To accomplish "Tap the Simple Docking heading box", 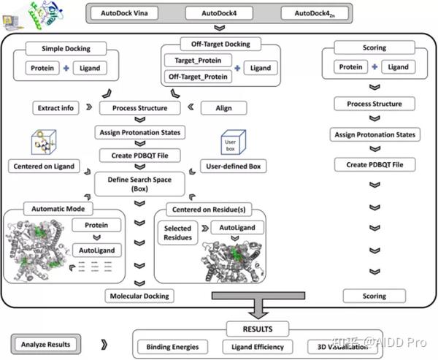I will click(x=65, y=49).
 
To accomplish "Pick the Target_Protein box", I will click(x=196, y=60).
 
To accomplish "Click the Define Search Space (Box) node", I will click(x=139, y=183).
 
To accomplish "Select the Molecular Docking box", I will click(x=139, y=296).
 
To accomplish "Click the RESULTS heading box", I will click(x=266, y=329).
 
